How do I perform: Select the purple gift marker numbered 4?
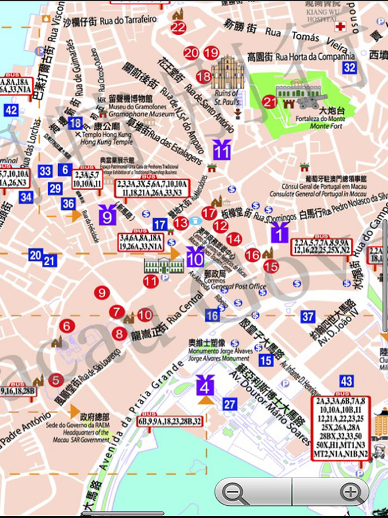click(206, 384)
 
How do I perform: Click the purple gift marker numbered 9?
click(107, 215)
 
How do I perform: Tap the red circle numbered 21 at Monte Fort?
click(270, 102)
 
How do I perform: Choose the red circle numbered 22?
click(178, 28)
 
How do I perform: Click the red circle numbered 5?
click(55, 380)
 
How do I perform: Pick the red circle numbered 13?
click(181, 223)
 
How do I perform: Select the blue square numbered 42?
click(11, 110)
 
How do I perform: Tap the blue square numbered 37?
click(308, 317)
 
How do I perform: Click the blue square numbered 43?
click(346, 381)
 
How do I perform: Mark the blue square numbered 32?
click(349, 68)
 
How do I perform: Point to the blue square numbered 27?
click(230, 404)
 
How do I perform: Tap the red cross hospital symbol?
click(339, 26)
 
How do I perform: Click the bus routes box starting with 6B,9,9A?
click(170, 421)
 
